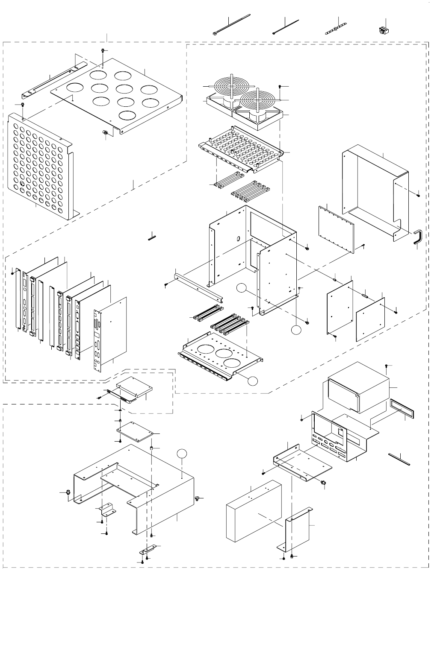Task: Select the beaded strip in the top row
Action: [x=338, y=29]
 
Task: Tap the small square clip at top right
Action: [x=383, y=30]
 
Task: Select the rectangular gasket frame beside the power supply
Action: [x=402, y=409]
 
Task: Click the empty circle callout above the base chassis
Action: [x=183, y=454]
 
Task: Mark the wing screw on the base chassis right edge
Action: [x=198, y=498]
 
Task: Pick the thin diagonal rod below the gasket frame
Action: [x=399, y=459]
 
